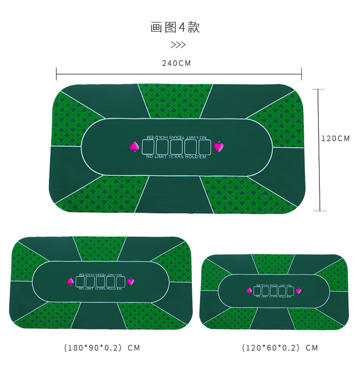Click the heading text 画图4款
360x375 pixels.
coord(175,27)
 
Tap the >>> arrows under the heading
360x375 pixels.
coord(178,45)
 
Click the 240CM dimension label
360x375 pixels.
coord(176,63)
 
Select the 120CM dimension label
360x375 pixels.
coord(336,138)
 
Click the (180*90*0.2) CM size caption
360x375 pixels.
coord(102,348)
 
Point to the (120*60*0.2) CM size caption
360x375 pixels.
coord(280,348)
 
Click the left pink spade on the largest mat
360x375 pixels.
coord(134,146)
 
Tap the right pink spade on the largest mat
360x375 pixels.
coord(219,146)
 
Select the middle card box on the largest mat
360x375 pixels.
coord(177,147)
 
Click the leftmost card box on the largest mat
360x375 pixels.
coord(149,147)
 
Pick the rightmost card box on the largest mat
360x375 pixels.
coord(205,147)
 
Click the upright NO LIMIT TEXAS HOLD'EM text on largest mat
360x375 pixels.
coord(176,157)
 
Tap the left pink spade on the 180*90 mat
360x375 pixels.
coord(71,281)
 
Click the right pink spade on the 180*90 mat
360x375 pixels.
coord(131,281)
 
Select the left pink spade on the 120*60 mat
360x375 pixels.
coord(249,291)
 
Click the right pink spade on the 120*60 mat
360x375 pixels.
coord(298,291)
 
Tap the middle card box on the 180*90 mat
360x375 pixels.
coord(101,282)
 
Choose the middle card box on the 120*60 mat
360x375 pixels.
coord(274,291)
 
